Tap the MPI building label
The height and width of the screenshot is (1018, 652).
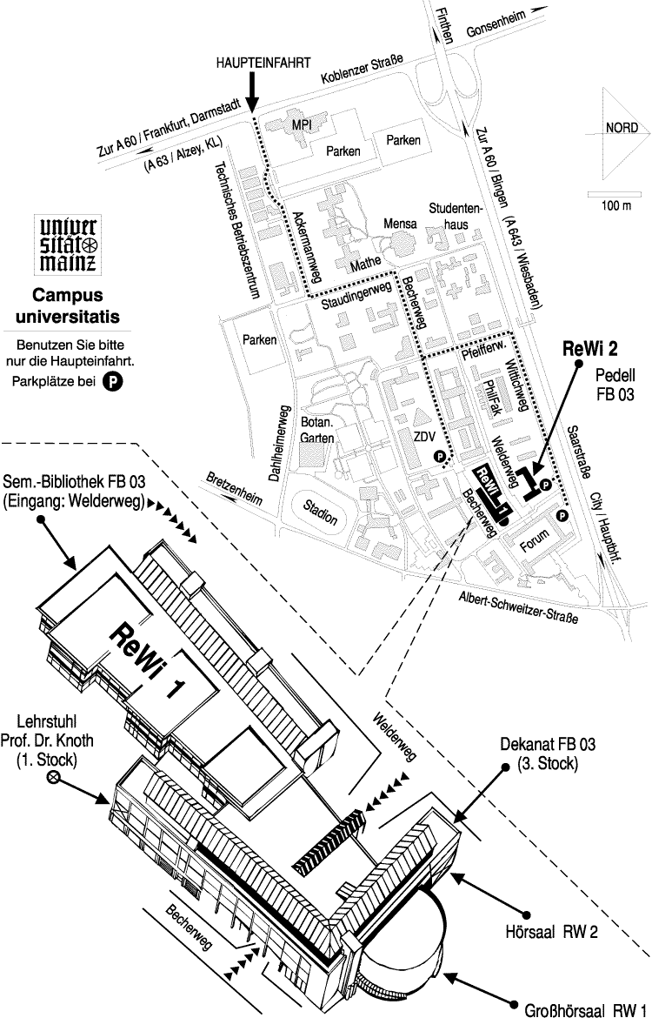pyautogui.click(x=302, y=124)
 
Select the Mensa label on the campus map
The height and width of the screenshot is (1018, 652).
pyautogui.click(x=401, y=224)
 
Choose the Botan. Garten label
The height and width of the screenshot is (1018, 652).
pyautogui.click(x=317, y=430)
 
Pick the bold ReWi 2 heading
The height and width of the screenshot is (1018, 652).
pyautogui.click(x=590, y=349)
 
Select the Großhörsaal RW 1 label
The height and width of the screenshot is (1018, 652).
pyautogui.click(x=587, y=1011)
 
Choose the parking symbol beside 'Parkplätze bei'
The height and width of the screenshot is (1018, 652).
pyautogui.click(x=112, y=380)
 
